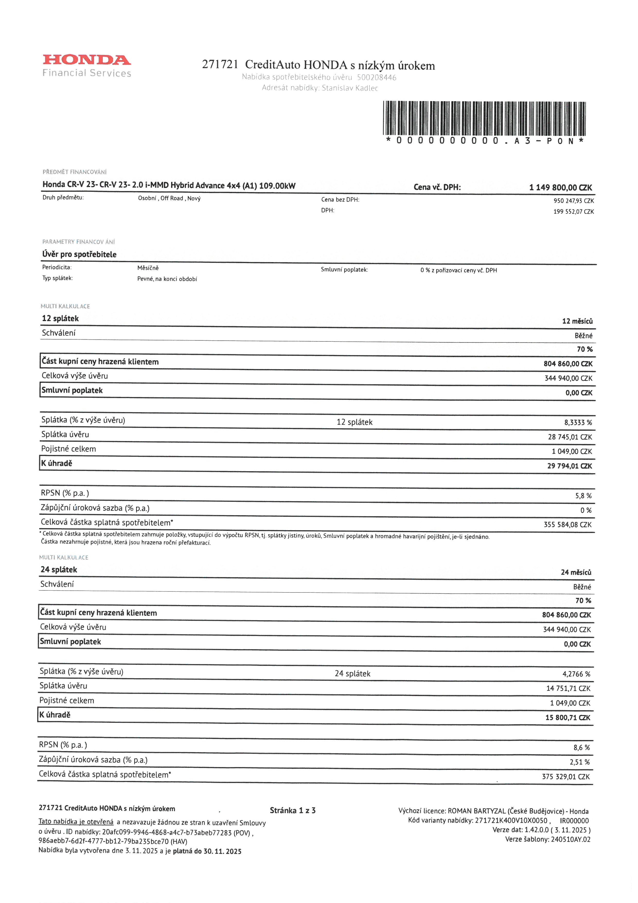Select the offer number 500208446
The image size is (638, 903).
pos(376,78)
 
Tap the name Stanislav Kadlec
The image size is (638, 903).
pos(350,88)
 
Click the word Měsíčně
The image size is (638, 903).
pos(148,268)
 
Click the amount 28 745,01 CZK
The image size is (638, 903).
pos(570,437)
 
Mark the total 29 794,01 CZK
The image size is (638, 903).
pos(569,466)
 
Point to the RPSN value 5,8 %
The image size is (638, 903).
pos(583,496)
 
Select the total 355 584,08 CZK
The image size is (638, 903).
pos(567,525)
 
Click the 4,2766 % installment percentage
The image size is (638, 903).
pos(576,674)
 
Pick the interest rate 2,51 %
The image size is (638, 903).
pos(579,762)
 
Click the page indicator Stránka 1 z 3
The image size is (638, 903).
pos(293,811)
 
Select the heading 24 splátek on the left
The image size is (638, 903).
pos(59,570)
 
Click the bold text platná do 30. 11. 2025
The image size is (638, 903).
pos(207,852)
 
